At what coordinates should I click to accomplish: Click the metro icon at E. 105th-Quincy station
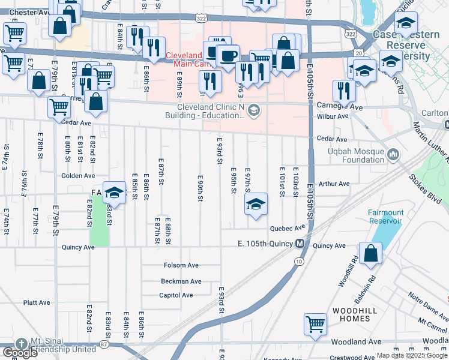point(298,244)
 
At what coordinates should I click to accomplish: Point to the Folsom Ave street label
point(181,265)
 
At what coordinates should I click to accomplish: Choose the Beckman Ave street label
point(181,281)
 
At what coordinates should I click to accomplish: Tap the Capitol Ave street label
point(176,295)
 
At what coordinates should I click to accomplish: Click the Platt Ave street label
point(37,302)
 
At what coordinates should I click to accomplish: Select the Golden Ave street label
point(78,176)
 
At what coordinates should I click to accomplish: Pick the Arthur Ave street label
point(334,184)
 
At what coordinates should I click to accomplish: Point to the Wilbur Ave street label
point(334,117)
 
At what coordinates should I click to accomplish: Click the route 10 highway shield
point(298,262)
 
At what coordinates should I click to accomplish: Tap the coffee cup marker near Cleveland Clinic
point(228,56)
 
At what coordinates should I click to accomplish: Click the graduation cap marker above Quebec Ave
point(256,205)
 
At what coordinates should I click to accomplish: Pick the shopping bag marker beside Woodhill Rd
point(372,253)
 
